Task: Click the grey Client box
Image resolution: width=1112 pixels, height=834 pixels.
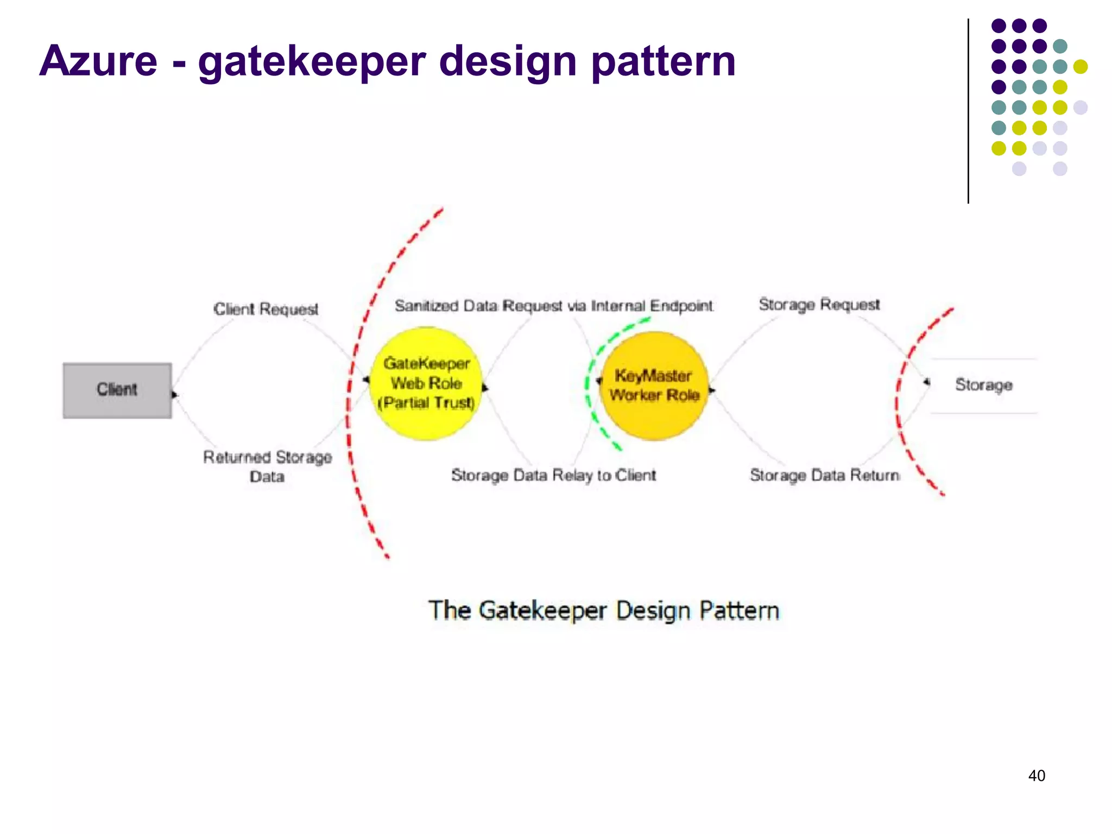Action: tap(117, 390)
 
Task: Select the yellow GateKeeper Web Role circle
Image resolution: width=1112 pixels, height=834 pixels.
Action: tap(426, 383)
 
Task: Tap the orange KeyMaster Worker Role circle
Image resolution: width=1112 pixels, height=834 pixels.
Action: tap(654, 386)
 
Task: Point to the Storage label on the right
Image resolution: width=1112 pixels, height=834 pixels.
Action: tap(983, 385)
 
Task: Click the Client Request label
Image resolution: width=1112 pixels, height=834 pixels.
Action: tap(266, 309)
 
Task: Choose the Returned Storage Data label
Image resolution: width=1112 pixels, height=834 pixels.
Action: tap(267, 466)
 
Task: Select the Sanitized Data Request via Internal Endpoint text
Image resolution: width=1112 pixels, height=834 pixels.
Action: tap(553, 306)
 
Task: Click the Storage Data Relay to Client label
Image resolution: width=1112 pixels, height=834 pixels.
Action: tap(553, 475)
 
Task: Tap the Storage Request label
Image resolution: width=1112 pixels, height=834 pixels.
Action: tap(819, 305)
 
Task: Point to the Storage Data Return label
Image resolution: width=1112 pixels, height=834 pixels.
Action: tap(824, 475)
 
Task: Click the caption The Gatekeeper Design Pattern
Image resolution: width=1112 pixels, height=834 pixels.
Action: tap(604, 610)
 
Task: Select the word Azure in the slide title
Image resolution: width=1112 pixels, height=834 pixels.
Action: tap(98, 61)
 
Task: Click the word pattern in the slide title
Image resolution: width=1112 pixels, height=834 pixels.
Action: tap(663, 61)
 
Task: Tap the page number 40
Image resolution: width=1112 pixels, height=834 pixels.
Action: tap(1037, 775)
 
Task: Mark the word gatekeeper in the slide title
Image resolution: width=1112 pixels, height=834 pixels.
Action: tap(312, 61)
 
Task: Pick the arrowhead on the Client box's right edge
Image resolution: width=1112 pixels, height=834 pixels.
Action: tap(175, 394)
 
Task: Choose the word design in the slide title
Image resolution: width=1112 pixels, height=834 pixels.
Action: tap(508, 61)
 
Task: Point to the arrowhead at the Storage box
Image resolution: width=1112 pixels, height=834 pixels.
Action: tap(926, 382)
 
